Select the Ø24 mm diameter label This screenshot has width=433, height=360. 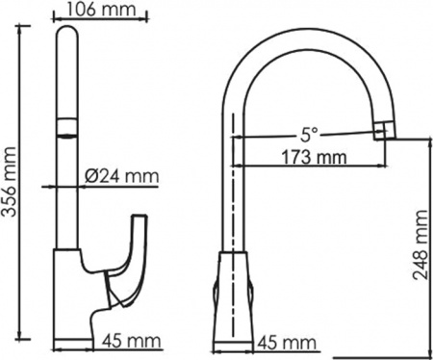(x=120, y=176)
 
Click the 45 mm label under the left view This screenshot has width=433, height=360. (x=129, y=342)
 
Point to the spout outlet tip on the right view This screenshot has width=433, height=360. (x=384, y=130)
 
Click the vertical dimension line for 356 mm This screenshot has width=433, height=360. (x=22, y=183)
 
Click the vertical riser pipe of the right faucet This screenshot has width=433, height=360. (x=234, y=193)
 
